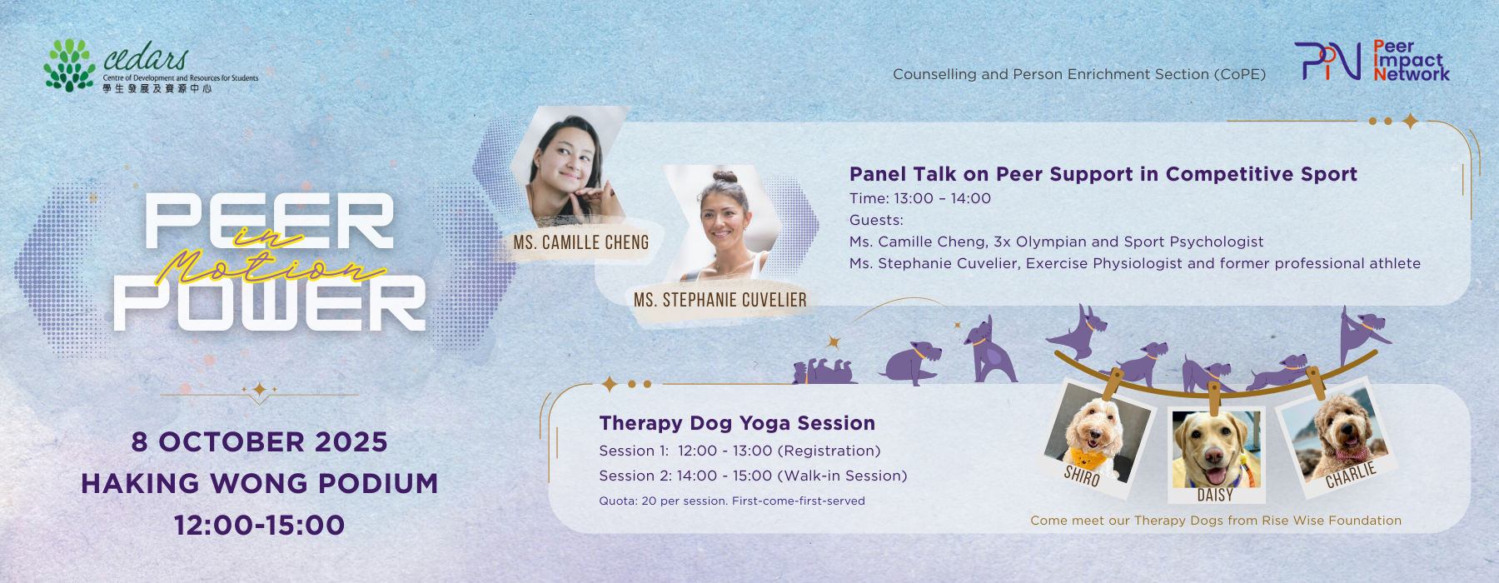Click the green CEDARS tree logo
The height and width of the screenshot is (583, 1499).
click(69, 65)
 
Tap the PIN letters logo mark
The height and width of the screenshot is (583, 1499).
click(1327, 61)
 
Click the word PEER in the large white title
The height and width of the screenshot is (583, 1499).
click(269, 221)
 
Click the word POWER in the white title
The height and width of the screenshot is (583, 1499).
click(270, 304)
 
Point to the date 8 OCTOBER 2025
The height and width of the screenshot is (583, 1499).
click(260, 441)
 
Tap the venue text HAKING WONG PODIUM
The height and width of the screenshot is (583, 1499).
click(260, 483)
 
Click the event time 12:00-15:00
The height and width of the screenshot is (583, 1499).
click(260, 525)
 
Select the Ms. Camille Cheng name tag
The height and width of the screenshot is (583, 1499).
click(581, 242)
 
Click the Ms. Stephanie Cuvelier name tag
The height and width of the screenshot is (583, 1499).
click(720, 300)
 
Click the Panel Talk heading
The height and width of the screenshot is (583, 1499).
click(1103, 174)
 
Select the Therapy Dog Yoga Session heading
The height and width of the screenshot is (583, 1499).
click(737, 423)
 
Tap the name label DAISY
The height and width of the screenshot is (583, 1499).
click(1215, 495)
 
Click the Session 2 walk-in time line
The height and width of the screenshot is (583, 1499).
click(753, 476)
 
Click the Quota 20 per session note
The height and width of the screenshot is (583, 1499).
click(732, 501)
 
